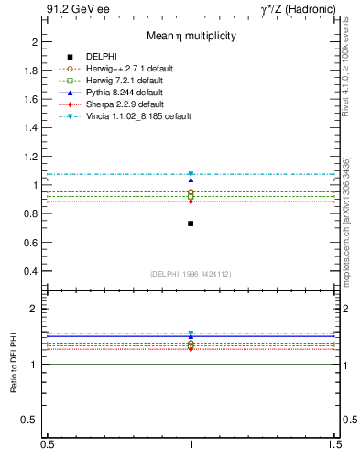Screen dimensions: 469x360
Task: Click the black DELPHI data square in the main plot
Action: pos(191,224)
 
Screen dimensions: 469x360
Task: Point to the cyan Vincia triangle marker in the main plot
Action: pos(191,174)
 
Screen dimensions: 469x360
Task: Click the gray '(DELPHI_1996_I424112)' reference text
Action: pos(191,274)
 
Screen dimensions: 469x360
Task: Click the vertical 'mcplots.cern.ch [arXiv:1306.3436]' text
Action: pos(351,220)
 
